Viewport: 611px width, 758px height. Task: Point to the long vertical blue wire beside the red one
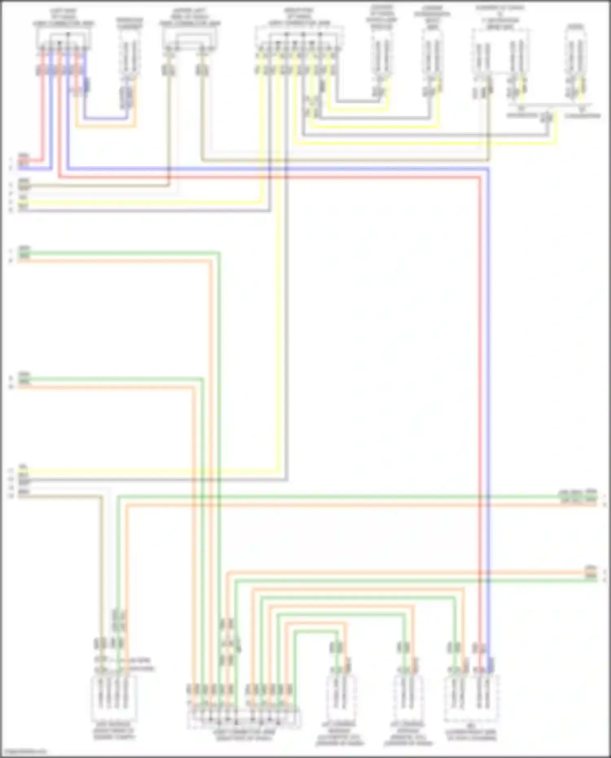(488, 407)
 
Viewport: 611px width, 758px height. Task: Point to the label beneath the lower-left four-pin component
(114, 732)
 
